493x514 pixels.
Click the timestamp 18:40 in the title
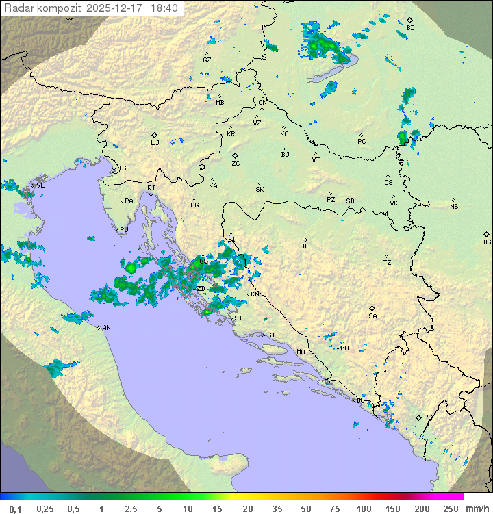click(165, 8)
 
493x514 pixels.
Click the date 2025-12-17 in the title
click(116, 8)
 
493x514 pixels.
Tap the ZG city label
click(236, 164)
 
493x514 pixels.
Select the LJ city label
click(155, 143)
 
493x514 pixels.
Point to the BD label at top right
click(410, 28)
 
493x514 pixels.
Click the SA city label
click(372, 316)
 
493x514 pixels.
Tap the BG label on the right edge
click(487, 242)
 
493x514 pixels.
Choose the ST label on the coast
click(271, 335)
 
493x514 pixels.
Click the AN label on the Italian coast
click(106, 328)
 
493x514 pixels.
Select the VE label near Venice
click(40, 185)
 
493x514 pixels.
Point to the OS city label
click(388, 183)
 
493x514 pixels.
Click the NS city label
click(454, 207)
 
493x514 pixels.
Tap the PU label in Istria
click(124, 230)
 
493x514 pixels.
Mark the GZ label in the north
click(207, 60)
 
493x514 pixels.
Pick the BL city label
click(306, 246)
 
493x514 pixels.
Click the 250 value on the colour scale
click(451, 509)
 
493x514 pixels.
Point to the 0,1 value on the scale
click(15, 509)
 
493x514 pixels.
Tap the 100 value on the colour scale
click(364, 509)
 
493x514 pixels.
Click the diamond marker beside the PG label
click(418, 417)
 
